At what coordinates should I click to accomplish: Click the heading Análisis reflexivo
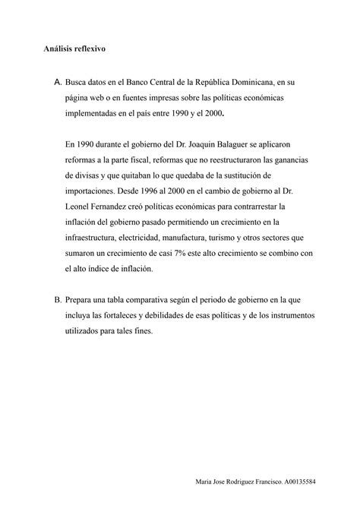click(74, 49)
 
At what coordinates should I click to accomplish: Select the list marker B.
click(49, 300)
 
